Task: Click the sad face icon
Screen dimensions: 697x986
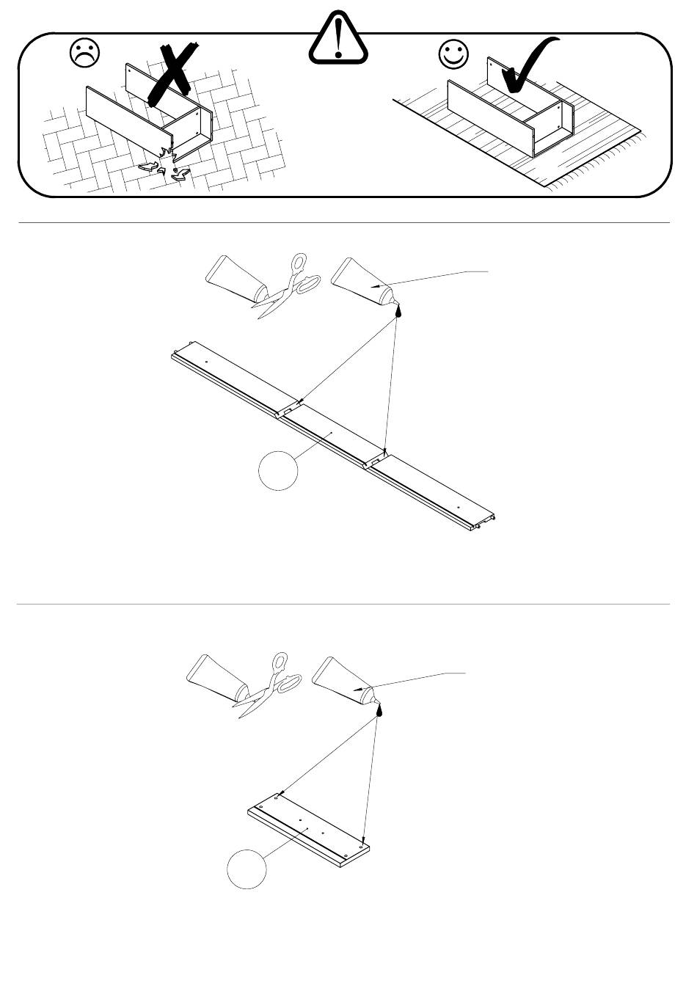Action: coord(84,54)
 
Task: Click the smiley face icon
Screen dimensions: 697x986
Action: coord(453,54)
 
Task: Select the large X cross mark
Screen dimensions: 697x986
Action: coord(173,73)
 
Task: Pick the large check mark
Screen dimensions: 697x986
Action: coord(530,69)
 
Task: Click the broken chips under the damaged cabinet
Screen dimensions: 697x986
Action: coord(166,168)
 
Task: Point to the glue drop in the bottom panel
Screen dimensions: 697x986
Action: coord(379,710)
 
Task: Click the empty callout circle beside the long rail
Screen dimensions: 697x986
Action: coord(279,470)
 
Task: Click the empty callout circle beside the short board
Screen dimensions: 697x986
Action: coord(247,869)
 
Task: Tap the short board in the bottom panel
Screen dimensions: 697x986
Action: coord(308,830)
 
